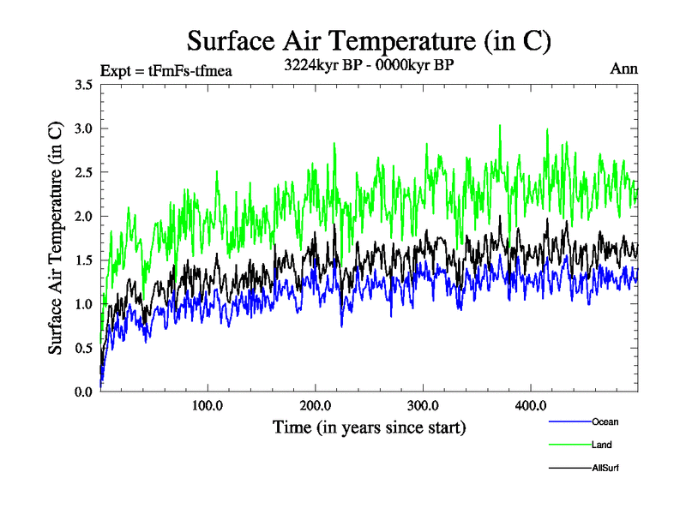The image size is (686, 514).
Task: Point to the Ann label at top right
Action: click(x=623, y=69)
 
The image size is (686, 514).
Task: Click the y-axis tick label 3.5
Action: click(x=84, y=85)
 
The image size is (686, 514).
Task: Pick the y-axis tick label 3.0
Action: click(x=84, y=128)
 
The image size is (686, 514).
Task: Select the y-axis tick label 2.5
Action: click(x=84, y=172)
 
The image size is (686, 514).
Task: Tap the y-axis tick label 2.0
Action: click(x=84, y=216)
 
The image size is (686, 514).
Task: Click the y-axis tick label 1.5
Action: click(x=84, y=260)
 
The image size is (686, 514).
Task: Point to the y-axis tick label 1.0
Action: click(x=84, y=304)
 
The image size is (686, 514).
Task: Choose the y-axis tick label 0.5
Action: click(x=84, y=348)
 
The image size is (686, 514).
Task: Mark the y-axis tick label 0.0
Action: click(x=84, y=391)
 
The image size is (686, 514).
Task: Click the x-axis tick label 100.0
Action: click(x=208, y=405)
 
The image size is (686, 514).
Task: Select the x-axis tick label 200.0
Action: click(x=316, y=405)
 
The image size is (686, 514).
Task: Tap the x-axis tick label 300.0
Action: click(x=423, y=405)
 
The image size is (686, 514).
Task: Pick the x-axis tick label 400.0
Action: click(x=531, y=405)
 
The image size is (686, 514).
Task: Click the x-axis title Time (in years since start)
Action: click(x=369, y=427)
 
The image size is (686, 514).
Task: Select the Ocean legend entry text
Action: click(x=605, y=421)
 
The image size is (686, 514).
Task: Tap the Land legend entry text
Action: click(x=602, y=445)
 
